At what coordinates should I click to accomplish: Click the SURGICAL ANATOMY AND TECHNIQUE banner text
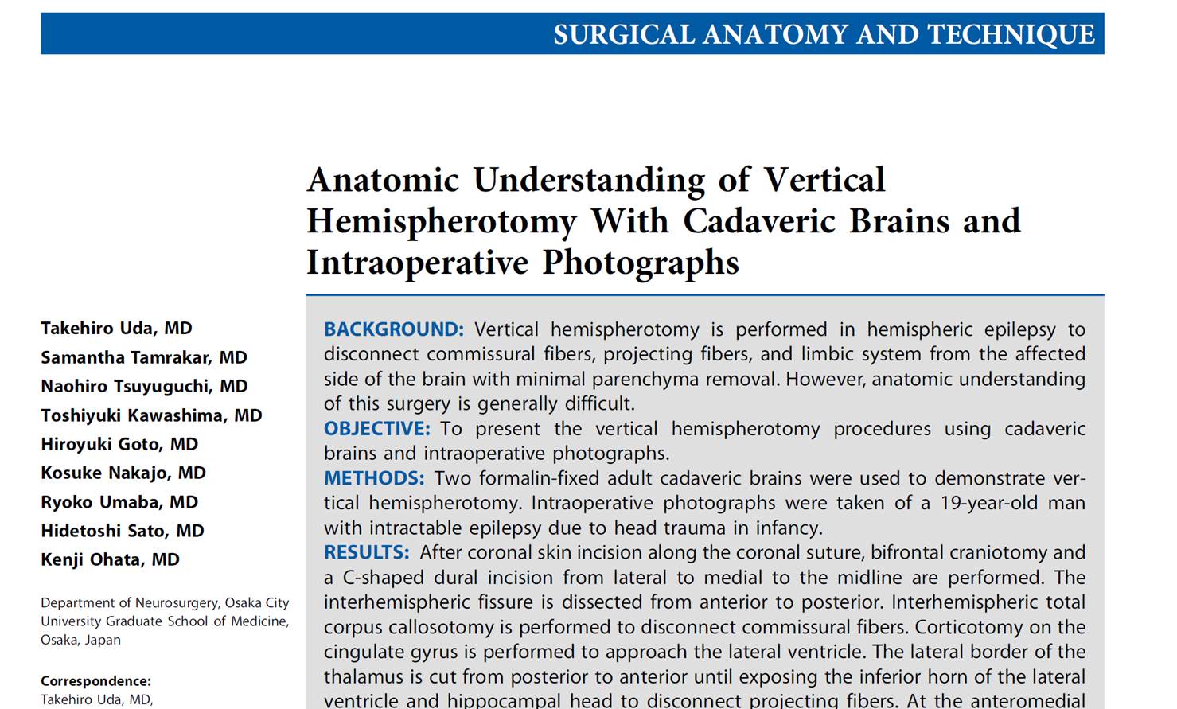coord(824,35)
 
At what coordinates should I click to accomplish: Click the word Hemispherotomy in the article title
coord(441,222)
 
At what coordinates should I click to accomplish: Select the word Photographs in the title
coord(641,263)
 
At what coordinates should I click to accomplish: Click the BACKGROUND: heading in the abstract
coord(393,329)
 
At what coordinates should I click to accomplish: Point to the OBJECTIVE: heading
coord(376,429)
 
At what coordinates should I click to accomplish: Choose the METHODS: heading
coord(374,478)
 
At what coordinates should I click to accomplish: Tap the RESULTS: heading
coord(366,552)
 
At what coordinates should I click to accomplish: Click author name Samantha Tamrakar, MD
coord(144,357)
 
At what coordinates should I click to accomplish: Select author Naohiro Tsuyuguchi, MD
coord(144,386)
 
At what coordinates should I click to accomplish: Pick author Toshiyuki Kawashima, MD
coord(151,415)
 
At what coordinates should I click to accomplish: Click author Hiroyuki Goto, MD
coord(119,444)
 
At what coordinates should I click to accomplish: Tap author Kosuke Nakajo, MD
coord(123,473)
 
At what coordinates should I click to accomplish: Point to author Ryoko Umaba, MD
coord(119,502)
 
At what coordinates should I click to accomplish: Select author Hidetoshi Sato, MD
coord(123,531)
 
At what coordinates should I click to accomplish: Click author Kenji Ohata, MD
coord(110,559)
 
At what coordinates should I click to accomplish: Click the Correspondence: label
coord(95,681)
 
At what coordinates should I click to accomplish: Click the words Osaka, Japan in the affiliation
coord(80,640)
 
